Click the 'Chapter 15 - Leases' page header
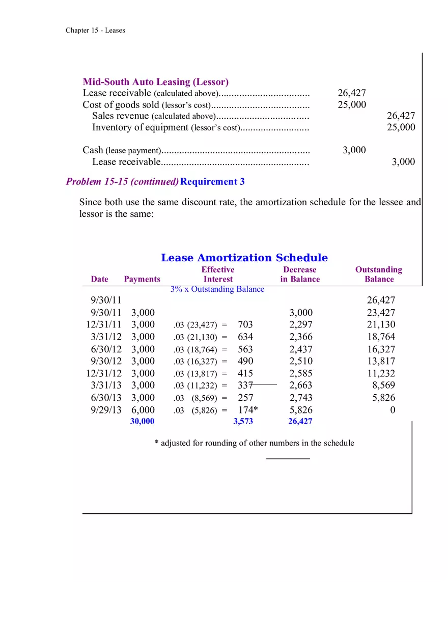(x=95, y=30)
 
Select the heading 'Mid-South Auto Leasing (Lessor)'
(x=155, y=82)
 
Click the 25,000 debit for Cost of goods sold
(x=351, y=105)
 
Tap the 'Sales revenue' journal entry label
(x=121, y=116)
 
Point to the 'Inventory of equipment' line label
(x=141, y=127)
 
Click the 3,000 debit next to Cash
(x=354, y=150)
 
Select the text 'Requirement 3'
(x=212, y=182)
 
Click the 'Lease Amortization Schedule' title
(x=244, y=258)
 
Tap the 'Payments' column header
(x=142, y=279)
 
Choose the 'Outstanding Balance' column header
(x=379, y=274)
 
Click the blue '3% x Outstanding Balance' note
(x=217, y=289)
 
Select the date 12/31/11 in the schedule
(x=104, y=325)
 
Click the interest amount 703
(x=245, y=325)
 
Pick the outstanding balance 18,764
(x=381, y=337)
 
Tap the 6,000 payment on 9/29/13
(x=143, y=410)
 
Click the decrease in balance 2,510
(x=301, y=362)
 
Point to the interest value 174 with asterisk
(x=248, y=410)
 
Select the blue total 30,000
(x=142, y=421)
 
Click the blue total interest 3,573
(x=243, y=421)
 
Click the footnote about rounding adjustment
(x=254, y=443)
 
